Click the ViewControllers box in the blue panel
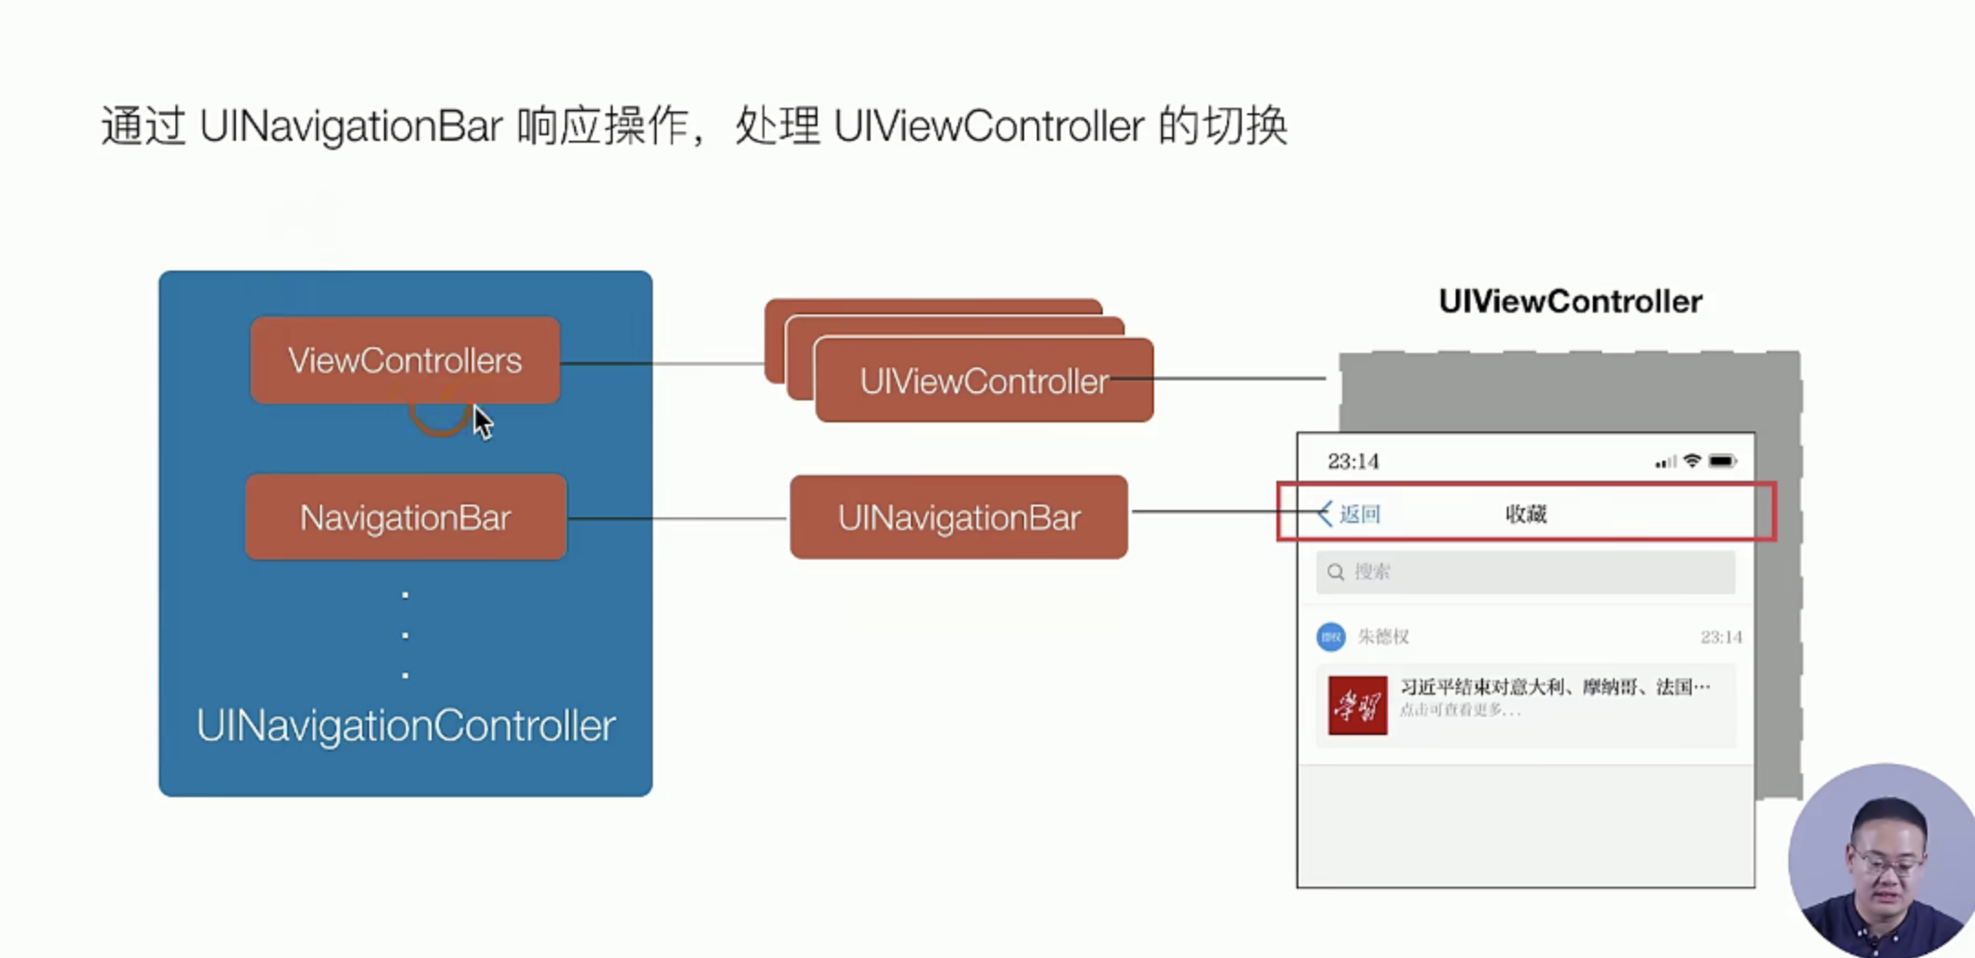click(x=405, y=360)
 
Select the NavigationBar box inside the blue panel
click(x=405, y=517)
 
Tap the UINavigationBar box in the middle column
click(x=958, y=517)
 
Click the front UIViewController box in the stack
click(x=983, y=381)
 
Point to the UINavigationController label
click(x=405, y=726)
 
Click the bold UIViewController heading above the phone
click(x=1570, y=302)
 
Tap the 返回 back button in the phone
click(x=1350, y=514)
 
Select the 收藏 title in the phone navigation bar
click(x=1525, y=514)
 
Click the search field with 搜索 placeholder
click(x=1525, y=572)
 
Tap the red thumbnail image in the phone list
click(x=1357, y=705)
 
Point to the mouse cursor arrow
click(x=482, y=421)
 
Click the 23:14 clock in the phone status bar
click(x=1352, y=462)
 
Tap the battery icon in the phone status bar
click(x=1722, y=462)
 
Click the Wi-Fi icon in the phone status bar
click(x=1692, y=461)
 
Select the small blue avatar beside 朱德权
click(x=1330, y=636)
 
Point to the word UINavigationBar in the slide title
click(x=351, y=126)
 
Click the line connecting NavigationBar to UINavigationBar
click(x=677, y=518)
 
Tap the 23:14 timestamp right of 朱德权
click(x=1721, y=637)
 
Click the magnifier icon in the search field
click(x=1336, y=572)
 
